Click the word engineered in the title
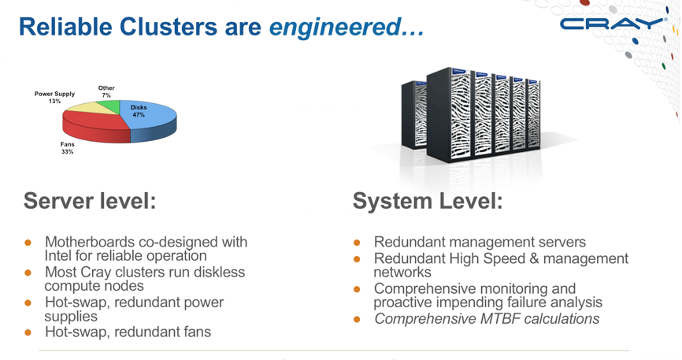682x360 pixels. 335,27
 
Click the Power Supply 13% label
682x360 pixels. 54,98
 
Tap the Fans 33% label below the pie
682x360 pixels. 68,148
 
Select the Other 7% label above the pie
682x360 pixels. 106,92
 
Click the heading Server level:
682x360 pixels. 90,202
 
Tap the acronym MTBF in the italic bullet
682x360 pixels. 506,319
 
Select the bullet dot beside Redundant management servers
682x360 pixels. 356,243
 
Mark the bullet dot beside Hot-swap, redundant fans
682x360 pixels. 28,332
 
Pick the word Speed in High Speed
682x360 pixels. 517,258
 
